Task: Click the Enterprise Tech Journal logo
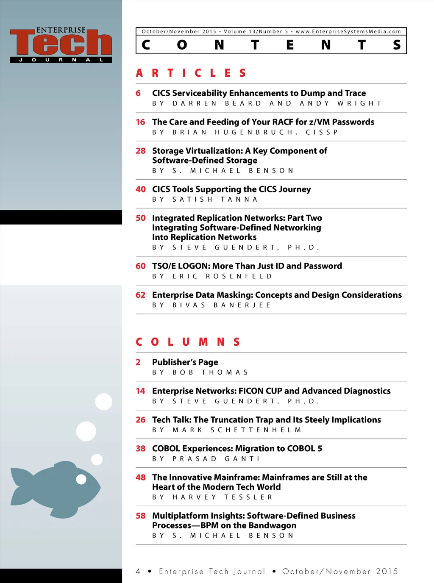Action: click(61, 44)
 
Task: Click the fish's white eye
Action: click(81, 479)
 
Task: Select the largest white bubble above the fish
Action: click(86, 431)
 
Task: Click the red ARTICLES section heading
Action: click(191, 73)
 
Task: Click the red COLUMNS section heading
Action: click(188, 342)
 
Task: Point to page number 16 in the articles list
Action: click(140, 122)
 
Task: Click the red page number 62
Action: click(140, 295)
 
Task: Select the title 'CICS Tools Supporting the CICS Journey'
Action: click(231, 189)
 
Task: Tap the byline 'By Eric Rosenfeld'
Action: click(212, 276)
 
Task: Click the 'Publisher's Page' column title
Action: click(185, 362)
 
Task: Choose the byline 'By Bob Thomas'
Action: click(200, 372)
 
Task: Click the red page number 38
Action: click(140, 449)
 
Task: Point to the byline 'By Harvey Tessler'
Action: click(212, 497)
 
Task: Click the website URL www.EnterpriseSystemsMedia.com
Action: click(348, 31)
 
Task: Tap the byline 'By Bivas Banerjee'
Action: click(211, 305)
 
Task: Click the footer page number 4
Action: click(138, 571)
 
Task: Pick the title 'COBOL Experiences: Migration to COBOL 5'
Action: click(237, 449)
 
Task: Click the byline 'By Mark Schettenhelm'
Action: click(226, 430)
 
